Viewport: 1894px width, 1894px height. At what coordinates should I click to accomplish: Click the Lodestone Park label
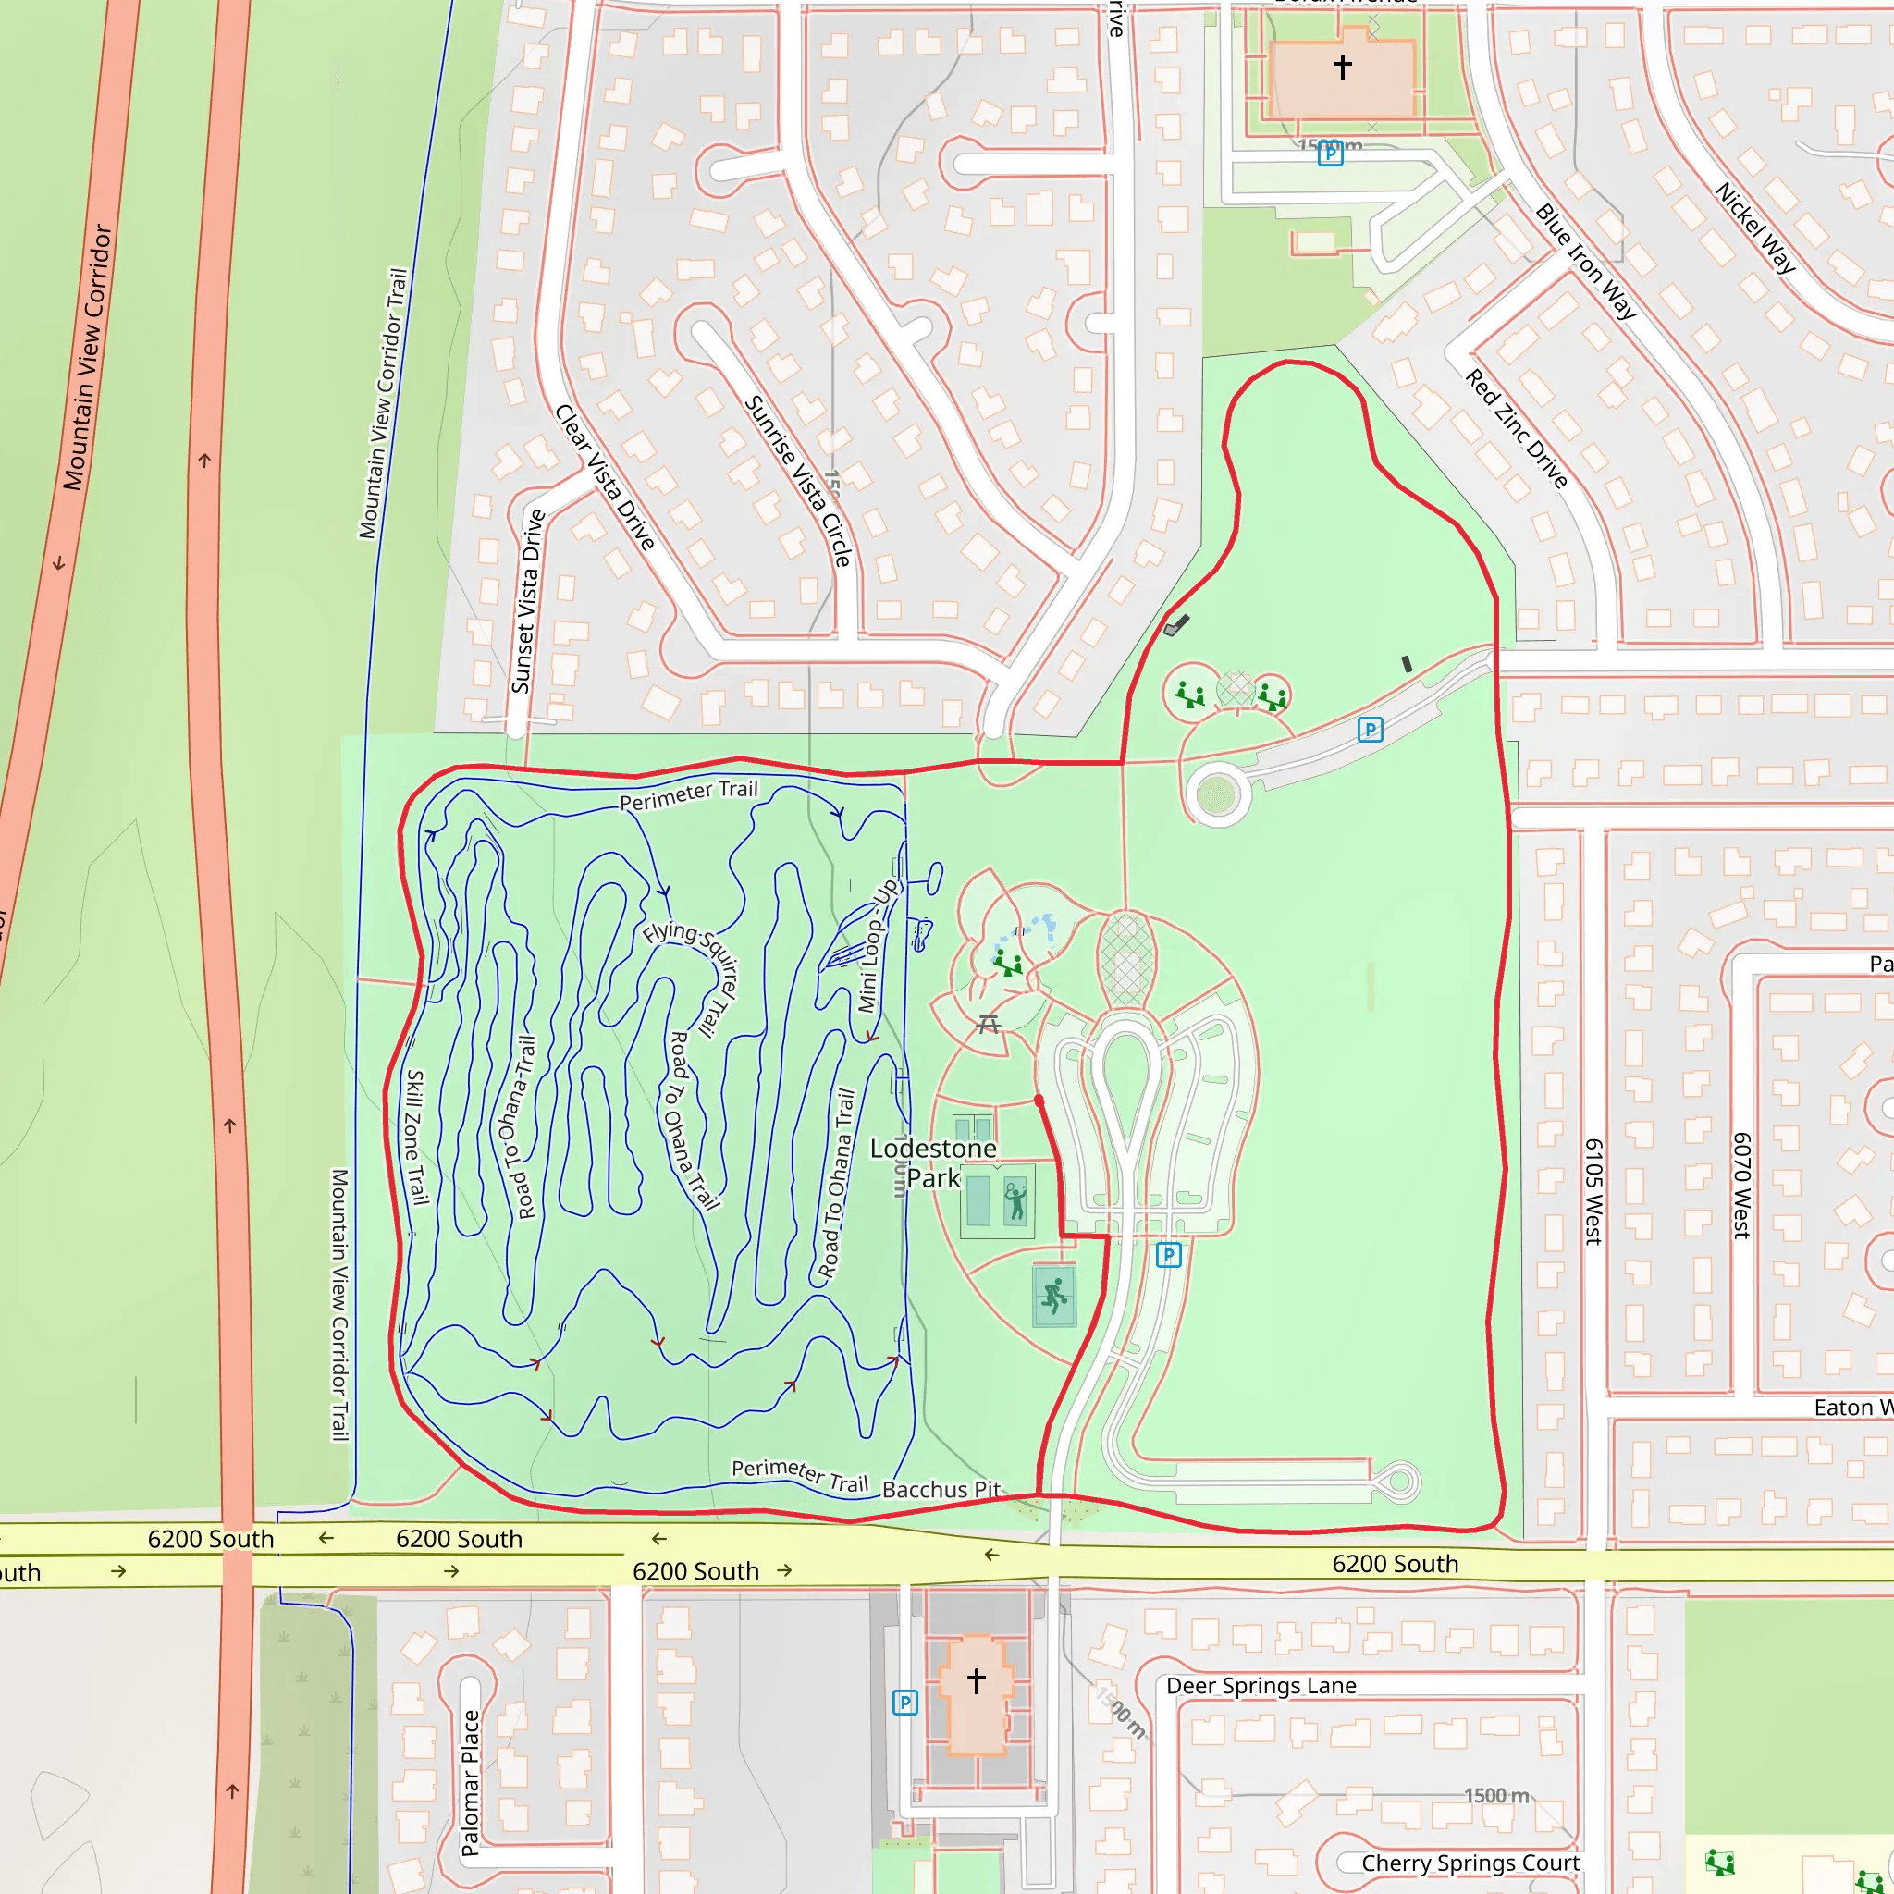point(932,1162)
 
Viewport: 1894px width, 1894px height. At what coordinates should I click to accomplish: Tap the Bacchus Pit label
point(941,1489)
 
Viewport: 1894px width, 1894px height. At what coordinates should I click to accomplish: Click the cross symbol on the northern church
point(1342,67)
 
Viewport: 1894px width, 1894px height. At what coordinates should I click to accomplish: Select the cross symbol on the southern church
point(977,1680)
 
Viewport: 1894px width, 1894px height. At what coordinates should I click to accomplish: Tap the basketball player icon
point(1054,1296)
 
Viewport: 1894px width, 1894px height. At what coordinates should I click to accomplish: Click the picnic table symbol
point(990,1025)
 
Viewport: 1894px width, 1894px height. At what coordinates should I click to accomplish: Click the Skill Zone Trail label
point(417,1137)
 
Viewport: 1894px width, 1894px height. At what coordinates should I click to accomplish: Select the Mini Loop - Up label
point(876,946)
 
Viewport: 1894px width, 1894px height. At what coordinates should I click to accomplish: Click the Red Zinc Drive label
point(1517,428)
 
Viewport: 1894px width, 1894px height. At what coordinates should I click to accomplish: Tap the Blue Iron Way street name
point(1585,261)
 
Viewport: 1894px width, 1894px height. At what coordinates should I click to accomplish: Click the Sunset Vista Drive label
point(526,601)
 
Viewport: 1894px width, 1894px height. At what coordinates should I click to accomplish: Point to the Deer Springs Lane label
point(1261,1685)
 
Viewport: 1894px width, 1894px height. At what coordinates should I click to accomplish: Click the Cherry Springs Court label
point(1470,1863)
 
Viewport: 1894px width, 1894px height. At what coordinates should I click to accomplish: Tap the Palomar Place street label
point(471,1782)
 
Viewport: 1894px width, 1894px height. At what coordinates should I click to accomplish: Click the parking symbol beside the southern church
point(904,1703)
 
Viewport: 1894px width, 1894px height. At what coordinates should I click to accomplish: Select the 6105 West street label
point(1593,1191)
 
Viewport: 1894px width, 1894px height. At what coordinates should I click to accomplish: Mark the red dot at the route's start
point(1039,1101)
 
